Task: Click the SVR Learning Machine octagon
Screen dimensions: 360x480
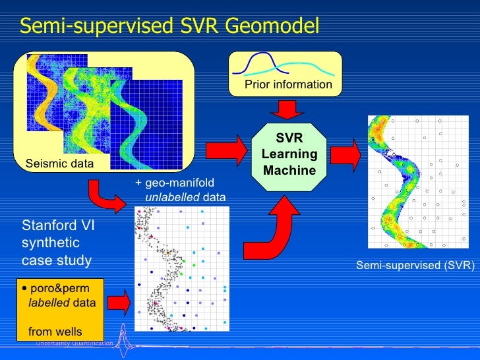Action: tap(289, 155)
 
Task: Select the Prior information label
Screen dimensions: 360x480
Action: tap(288, 84)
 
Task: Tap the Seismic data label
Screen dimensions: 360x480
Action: tap(59, 163)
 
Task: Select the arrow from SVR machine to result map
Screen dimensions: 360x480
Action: tap(344, 156)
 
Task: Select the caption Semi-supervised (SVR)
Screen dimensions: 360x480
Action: tap(415, 266)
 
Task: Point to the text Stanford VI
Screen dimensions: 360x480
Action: tap(59, 225)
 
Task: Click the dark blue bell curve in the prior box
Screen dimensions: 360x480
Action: tap(257, 63)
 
